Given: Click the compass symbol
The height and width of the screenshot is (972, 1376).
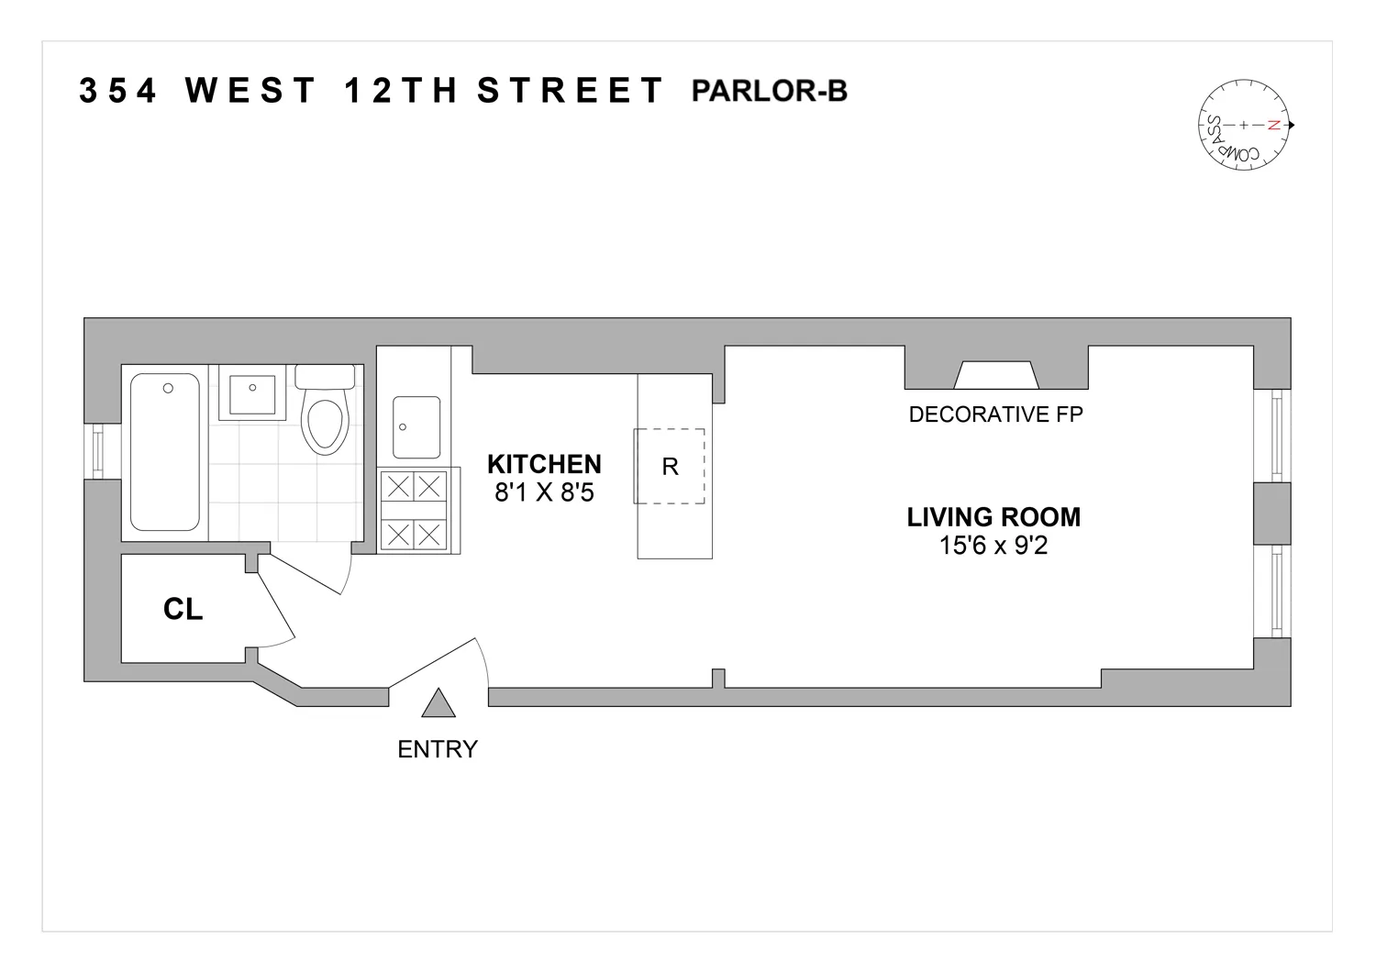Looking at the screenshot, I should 1245,125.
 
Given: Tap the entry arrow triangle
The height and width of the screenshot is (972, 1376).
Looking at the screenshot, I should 438,703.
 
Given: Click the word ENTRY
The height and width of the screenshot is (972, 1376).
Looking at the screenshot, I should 438,749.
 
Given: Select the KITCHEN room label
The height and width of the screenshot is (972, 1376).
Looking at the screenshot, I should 544,463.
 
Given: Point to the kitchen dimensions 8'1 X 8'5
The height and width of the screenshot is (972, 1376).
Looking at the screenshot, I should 544,492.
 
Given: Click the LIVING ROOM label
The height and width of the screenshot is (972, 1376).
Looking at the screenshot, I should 993,517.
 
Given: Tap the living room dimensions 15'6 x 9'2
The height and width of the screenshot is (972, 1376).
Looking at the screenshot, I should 993,547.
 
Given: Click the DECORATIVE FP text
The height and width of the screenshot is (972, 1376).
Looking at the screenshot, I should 995,414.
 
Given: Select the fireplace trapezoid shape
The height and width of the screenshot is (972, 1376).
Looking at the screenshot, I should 996,375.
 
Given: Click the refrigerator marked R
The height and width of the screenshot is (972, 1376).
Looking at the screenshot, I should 670,467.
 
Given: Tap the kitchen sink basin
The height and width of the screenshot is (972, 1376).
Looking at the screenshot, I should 416,427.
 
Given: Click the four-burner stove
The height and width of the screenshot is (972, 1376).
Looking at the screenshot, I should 414,510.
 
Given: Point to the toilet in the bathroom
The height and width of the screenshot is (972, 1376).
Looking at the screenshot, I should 326,414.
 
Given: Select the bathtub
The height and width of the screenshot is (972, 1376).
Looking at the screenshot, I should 165,451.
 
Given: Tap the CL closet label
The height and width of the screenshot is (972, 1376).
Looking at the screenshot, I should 183,609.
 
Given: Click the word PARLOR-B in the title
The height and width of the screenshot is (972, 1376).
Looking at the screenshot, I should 769,92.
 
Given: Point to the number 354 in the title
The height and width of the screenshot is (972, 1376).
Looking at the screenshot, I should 118,92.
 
